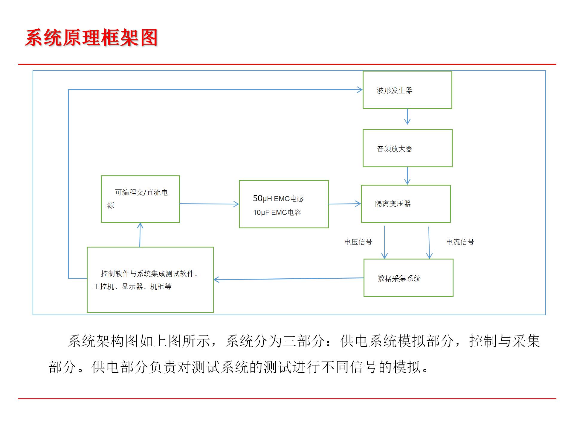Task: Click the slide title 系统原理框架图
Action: click(x=91, y=38)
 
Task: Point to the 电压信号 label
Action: click(x=358, y=242)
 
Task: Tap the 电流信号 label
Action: click(x=460, y=242)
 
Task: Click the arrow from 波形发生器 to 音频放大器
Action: click(x=407, y=116)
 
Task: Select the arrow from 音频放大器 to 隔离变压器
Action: click(x=407, y=176)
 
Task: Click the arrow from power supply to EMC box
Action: click(x=209, y=204)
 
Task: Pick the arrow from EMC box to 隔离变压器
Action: click(x=345, y=204)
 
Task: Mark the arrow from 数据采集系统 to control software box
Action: click(x=288, y=279)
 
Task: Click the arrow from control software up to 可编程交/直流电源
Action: click(x=140, y=235)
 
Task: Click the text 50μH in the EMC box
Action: click(x=262, y=198)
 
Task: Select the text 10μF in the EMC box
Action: click(x=261, y=213)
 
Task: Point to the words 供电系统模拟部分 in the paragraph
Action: click(x=397, y=341)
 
